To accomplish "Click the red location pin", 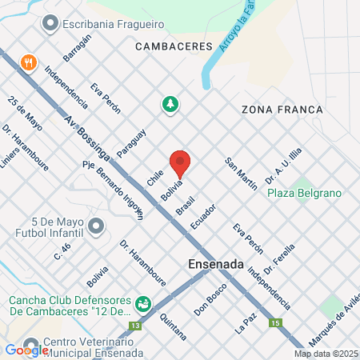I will pos(180,163).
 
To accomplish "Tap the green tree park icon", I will pos(170,104).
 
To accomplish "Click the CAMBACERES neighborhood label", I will pos(174,47).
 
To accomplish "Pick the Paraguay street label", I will pos(130,143).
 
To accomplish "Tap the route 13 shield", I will pos(135,326).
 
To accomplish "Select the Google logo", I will pos(26,350).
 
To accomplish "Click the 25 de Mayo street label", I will pos(24,113).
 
